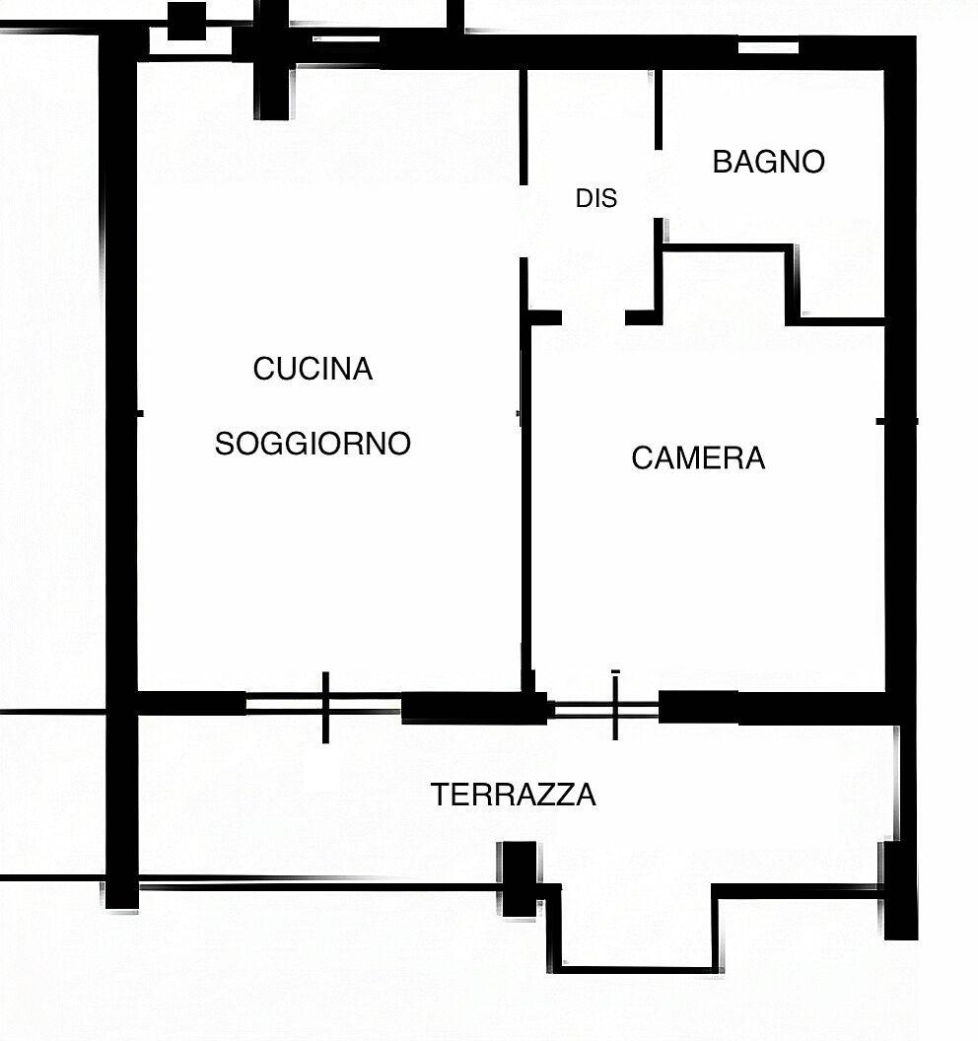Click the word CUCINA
(313, 369)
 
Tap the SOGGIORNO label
(313, 444)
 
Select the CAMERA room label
(698, 458)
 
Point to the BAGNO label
(768, 162)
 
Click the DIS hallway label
(596, 198)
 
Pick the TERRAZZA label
(514, 795)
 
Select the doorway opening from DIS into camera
(594, 318)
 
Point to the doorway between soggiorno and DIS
(524, 221)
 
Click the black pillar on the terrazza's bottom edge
(520, 879)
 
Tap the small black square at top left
(186, 22)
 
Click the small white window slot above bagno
(768, 47)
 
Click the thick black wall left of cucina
(121, 464)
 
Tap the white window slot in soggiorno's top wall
(346, 39)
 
